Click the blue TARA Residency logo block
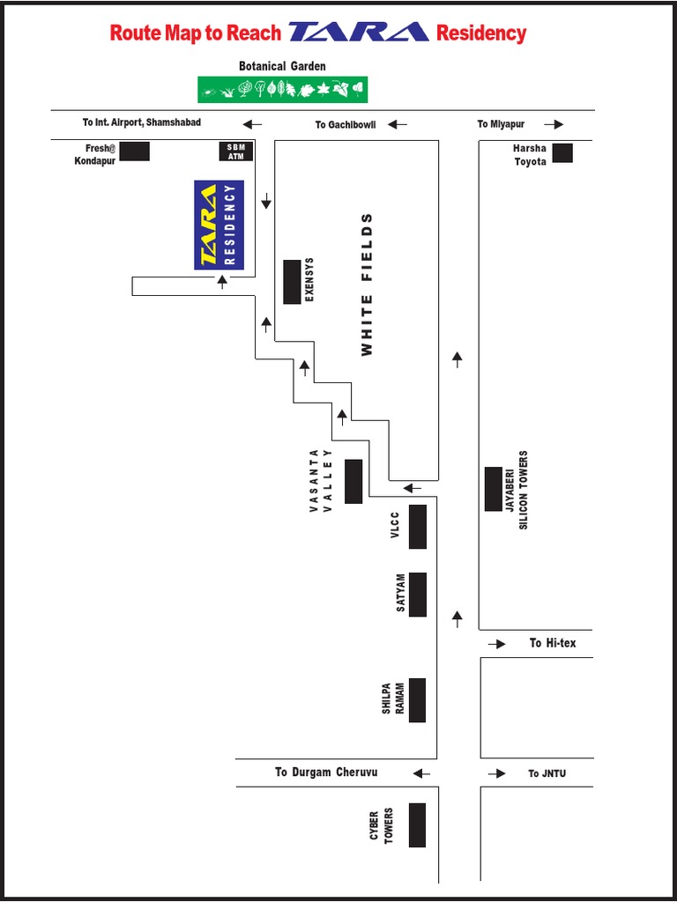pyautogui.click(x=219, y=225)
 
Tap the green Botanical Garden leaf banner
pyautogui.click(x=282, y=89)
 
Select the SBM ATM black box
pyautogui.click(x=235, y=152)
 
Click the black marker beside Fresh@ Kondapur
pyautogui.click(x=134, y=152)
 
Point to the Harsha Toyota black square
pyautogui.click(x=562, y=153)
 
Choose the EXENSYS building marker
pyautogui.click(x=292, y=282)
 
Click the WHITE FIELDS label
pyautogui.click(x=367, y=285)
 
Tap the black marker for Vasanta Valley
pyautogui.click(x=353, y=481)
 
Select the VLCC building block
pyautogui.click(x=418, y=526)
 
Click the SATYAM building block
pyautogui.click(x=418, y=595)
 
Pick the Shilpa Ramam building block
pyautogui.click(x=418, y=699)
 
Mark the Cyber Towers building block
pyautogui.click(x=417, y=824)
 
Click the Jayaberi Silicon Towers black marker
pyautogui.click(x=494, y=489)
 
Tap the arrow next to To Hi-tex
pyautogui.click(x=497, y=644)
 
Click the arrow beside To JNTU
pyautogui.click(x=497, y=773)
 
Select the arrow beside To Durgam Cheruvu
pyautogui.click(x=421, y=773)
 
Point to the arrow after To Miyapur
pyautogui.click(x=554, y=124)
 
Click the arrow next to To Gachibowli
pyautogui.click(x=398, y=124)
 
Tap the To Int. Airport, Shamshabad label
pyautogui.click(x=142, y=122)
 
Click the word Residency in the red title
pyautogui.click(x=481, y=33)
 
